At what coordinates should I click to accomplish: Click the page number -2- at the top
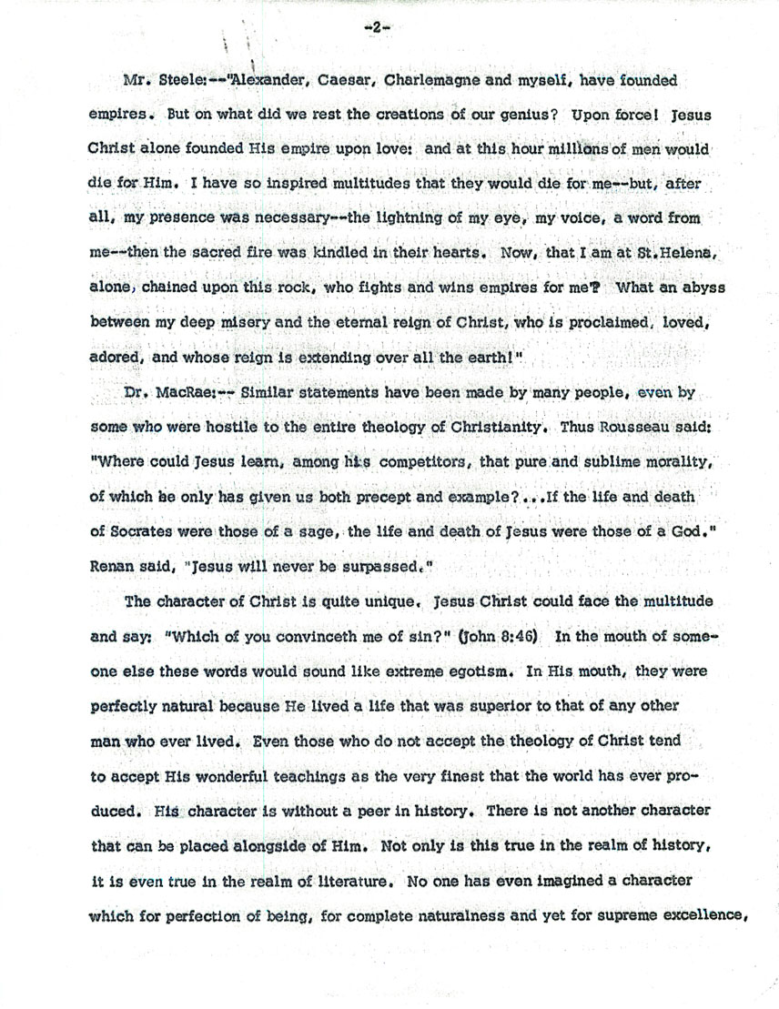click(375, 27)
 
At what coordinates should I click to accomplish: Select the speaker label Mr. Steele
click(157, 80)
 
